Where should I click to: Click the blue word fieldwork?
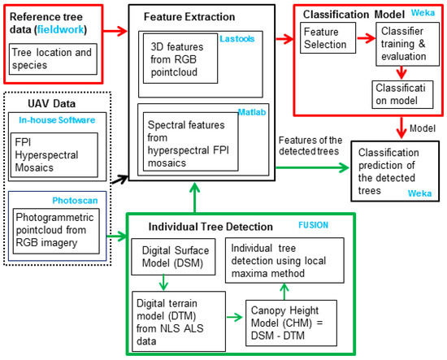pos(60,29)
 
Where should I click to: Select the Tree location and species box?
pos(53,59)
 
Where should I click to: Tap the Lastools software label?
pos(237,39)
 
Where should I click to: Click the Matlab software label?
pos(252,112)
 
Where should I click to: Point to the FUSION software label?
pos(313,225)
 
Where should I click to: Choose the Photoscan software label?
pos(75,201)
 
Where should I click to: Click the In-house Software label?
pos(57,120)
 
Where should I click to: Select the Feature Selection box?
pos(328,38)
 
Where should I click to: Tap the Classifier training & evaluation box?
pos(407,44)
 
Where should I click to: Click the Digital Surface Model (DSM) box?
pos(173,257)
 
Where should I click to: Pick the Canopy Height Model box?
pos(291,323)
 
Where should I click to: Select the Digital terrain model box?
pos(179,322)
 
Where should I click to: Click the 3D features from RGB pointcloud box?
pos(180,59)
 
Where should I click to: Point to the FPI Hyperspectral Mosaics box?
pos(54,155)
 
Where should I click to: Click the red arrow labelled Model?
pos(401,128)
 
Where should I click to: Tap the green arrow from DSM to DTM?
pos(163,283)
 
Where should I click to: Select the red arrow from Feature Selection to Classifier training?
pos(366,38)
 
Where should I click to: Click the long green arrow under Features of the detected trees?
pos(313,167)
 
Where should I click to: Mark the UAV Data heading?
pos(51,103)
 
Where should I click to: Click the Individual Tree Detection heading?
pos(210,227)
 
